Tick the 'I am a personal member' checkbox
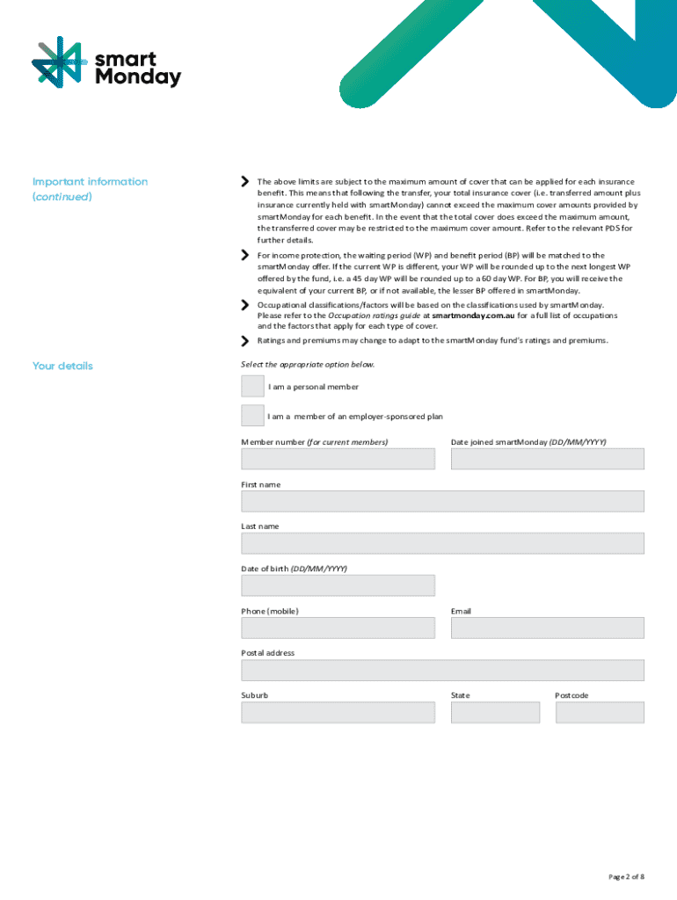click(252, 386)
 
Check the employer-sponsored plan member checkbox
click(252, 416)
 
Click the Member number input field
click(338, 459)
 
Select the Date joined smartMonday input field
click(547, 459)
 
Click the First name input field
click(442, 501)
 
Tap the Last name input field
click(442, 543)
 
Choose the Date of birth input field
click(338, 585)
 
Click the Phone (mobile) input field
click(338, 628)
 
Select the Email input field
click(547, 628)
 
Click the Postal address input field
click(442, 670)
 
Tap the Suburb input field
click(338, 712)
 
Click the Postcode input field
click(600, 712)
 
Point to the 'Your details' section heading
click(62, 366)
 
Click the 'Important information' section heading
click(90, 182)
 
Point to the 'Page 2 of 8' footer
click(626, 876)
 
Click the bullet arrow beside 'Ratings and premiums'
click(245, 341)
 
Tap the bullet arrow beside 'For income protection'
click(245, 255)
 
